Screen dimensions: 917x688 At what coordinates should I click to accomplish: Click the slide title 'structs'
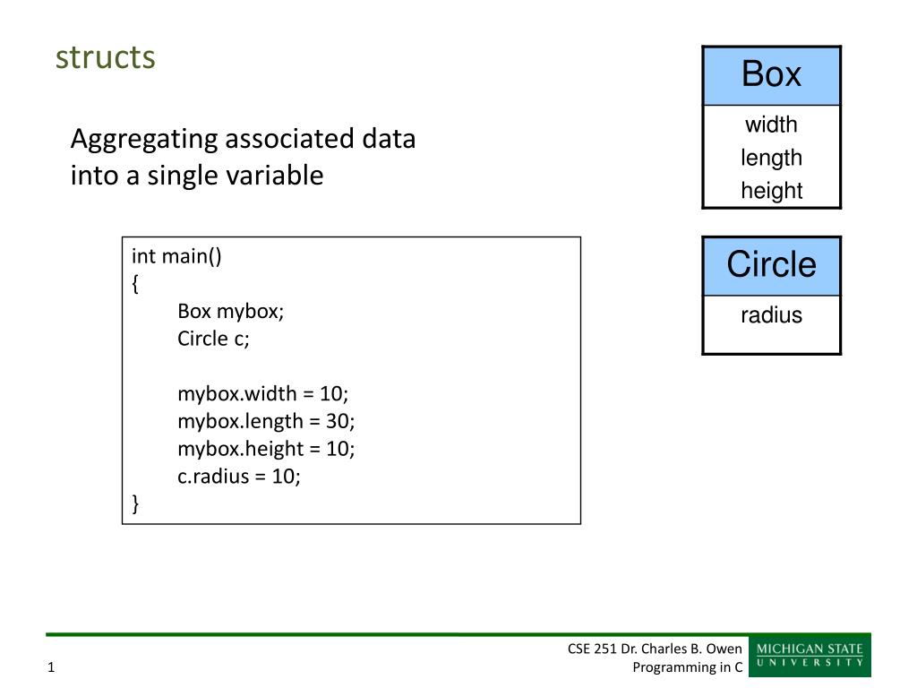(x=106, y=57)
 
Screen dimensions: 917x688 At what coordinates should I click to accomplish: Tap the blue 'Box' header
(x=771, y=75)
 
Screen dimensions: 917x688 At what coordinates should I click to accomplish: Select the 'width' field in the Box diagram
(x=771, y=125)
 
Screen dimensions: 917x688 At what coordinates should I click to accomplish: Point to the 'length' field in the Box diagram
(x=771, y=158)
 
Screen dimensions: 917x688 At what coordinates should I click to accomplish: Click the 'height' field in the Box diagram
(x=771, y=191)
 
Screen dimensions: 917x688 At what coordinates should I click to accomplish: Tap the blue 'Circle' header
(x=771, y=266)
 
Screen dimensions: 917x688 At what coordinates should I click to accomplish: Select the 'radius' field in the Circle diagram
(x=771, y=315)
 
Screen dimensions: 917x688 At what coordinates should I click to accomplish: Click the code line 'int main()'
(x=176, y=256)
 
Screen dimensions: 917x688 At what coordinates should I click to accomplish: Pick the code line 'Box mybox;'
(x=230, y=311)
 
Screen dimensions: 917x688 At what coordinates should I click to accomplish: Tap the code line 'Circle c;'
(x=213, y=339)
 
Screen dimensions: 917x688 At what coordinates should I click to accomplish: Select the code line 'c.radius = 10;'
(x=238, y=477)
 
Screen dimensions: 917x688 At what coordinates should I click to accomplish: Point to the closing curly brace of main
(x=136, y=503)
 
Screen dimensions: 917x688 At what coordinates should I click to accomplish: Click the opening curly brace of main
(x=136, y=284)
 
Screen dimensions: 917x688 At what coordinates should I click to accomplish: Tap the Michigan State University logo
(x=810, y=655)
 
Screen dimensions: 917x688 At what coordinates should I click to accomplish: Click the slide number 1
(x=51, y=666)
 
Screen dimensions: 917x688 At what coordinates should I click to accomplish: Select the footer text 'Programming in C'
(x=687, y=666)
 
